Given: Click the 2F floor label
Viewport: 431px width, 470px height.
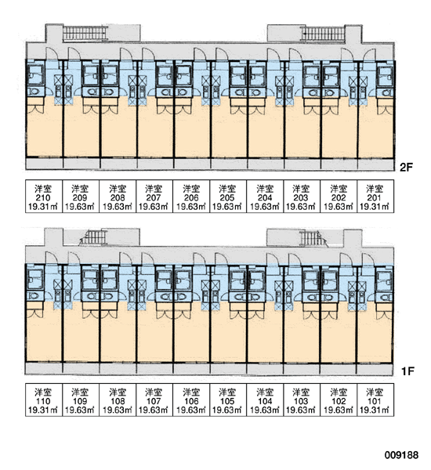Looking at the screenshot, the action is point(407,168).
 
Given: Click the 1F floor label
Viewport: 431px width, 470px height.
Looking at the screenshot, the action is point(407,371).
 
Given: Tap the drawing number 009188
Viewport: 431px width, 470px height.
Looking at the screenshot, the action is point(401,455).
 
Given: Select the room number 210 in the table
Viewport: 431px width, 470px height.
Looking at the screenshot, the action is point(43,197).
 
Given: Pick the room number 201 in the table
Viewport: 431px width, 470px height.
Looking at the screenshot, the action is point(375,197).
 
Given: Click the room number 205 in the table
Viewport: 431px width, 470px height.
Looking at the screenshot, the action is point(227,197).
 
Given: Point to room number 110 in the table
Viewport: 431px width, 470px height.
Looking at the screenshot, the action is point(43,401).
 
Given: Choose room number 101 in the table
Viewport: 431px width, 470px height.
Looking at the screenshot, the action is point(375,401).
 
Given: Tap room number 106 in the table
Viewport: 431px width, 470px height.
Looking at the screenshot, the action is point(191,401).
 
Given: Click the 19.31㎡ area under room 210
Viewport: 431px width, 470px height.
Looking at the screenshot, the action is point(43,207).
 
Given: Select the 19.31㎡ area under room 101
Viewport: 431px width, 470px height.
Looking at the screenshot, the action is point(375,410).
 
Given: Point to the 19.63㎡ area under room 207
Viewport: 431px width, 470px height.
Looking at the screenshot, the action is point(154,207).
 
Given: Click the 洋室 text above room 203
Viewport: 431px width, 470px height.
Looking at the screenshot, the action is point(301,189).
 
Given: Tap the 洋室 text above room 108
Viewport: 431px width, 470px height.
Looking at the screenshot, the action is point(118,392).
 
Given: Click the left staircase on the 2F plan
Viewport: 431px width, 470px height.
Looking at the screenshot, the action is point(85,33).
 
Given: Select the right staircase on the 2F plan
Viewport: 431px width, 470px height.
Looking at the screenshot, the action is point(323,33).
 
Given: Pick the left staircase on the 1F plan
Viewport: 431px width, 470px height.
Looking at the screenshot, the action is point(93,237).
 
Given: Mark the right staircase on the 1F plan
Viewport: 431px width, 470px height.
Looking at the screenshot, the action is point(313,238).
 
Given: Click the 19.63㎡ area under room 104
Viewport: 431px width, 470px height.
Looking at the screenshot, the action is point(265,410).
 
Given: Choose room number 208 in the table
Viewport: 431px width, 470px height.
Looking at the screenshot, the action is point(118,197).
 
